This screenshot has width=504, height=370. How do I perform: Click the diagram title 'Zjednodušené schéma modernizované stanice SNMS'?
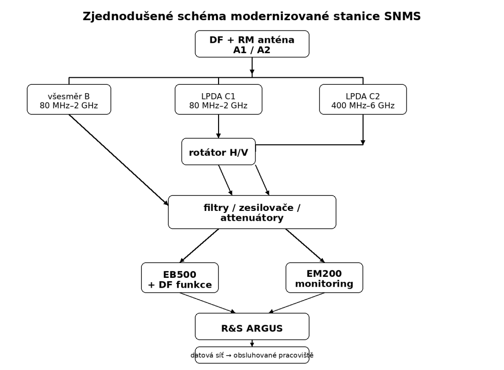coord(252,16)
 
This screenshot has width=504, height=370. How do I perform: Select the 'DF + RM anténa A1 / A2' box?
coord(252,44)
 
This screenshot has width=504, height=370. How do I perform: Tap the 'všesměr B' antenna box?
coord(69,100)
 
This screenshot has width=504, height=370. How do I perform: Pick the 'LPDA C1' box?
coord(218,100)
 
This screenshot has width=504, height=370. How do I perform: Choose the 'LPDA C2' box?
coord(363,100)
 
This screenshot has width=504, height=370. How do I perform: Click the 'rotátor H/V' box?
coord(219,152)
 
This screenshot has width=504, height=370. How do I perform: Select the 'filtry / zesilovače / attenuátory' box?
coord(252,212)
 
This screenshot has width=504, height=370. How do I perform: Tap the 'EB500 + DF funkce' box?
coord(180,278)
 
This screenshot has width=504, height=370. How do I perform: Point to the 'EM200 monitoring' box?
coord(324,278)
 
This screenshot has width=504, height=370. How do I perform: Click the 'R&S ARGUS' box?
coord(252,327)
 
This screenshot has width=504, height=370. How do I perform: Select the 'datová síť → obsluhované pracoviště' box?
coord(252,355)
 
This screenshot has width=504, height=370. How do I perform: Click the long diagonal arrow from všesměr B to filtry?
coord(119,160)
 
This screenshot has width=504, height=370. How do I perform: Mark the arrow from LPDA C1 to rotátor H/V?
coord(219,127)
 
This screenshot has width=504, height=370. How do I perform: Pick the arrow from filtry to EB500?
coord(199,246)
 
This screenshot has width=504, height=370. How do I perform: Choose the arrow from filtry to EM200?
coord(305,246)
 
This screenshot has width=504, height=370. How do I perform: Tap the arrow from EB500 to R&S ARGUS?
coord(208,303)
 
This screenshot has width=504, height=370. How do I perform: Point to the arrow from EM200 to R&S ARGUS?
coord(297,303)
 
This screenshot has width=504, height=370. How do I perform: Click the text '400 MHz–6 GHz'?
coord(363,105)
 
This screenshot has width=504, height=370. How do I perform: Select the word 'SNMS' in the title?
coord(403,16)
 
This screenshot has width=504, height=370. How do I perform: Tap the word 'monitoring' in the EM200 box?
coord(324,284)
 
